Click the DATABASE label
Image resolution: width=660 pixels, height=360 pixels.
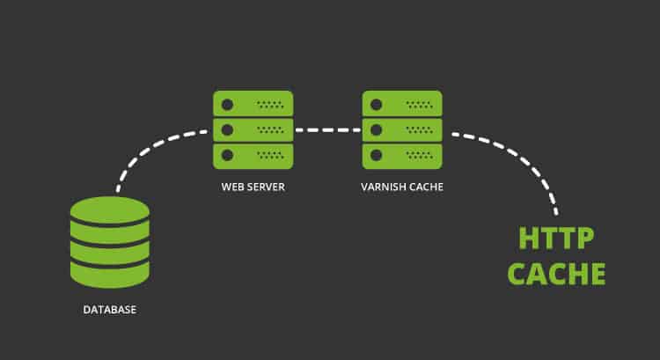[x=110, y=311]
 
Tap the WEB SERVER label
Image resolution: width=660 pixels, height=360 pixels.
[x=253, y=188]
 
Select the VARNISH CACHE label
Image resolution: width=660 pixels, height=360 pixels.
[x=402, y=188]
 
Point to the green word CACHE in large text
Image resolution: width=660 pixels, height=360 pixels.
[x=557, y=273]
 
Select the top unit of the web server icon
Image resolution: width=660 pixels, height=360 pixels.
[x=253, y=104]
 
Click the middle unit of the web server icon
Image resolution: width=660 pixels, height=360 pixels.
[x=253, y=129]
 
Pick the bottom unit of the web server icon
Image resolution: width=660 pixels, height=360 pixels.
[x=253, y=155]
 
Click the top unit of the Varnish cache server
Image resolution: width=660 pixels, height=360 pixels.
[x=402, y=104]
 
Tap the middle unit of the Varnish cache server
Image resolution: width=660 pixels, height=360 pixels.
[x=402, y=129]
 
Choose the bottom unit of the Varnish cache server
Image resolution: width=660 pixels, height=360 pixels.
[x=402, y=155]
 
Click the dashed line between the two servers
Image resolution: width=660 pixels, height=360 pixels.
[x=327, y=130]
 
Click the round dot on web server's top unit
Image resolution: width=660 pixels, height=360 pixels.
[x=228, y=104]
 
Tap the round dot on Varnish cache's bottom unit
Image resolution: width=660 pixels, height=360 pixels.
[x=378, y=155]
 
